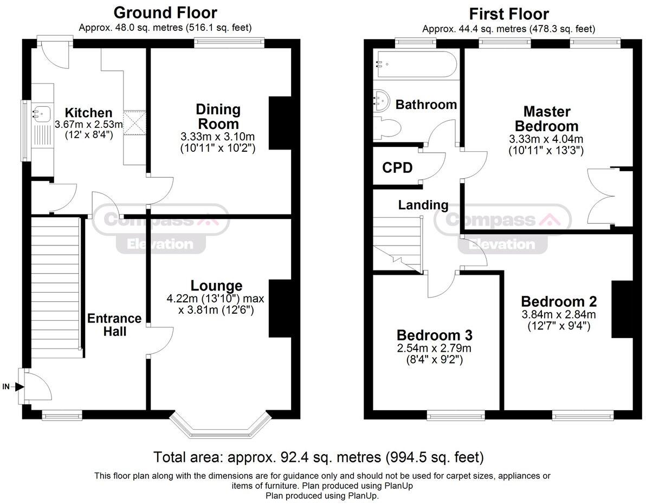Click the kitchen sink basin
[x=42, y=112]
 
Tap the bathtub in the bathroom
[x=415, y=64]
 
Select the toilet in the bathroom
[x=387, y=125]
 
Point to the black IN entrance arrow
[x=20, y=386]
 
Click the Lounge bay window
[x=221, y=424]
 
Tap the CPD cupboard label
[x=397, y=167]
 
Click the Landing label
[x=423, y=205]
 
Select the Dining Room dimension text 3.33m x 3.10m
[x=217, y=137]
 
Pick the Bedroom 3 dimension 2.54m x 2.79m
[x=434, y=348]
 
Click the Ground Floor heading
[x=165, y=13]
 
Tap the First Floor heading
[x=509, y=14]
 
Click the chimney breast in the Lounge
[x=280, y=309]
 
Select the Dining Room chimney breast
[x=280, y=123]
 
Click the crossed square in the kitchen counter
[x=135, y=122]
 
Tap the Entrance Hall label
[x=114, y=325]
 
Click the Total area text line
[x=319, y=457]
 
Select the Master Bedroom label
[x=547, y=119]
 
